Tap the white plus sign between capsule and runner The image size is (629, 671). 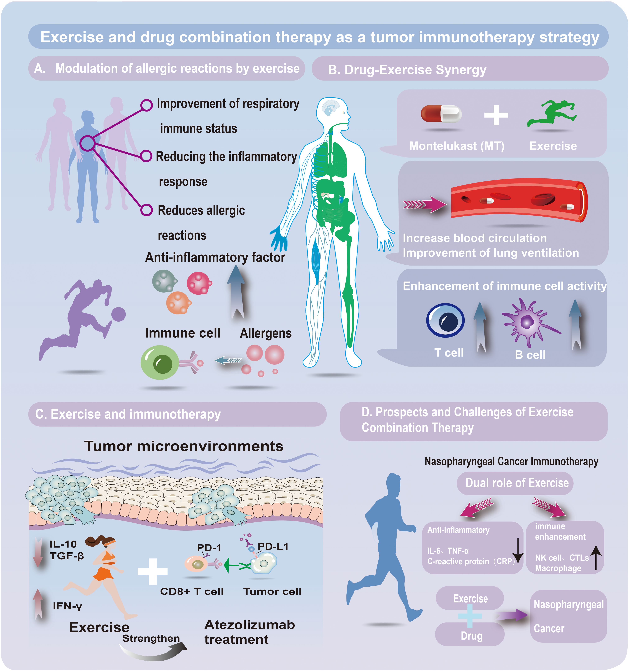pyautogui.click(x=496, y=115)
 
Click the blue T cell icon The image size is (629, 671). pyautogui.click(x=445, y=320)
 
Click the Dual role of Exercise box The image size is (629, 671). pyautogui.click(x=515, y=483)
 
